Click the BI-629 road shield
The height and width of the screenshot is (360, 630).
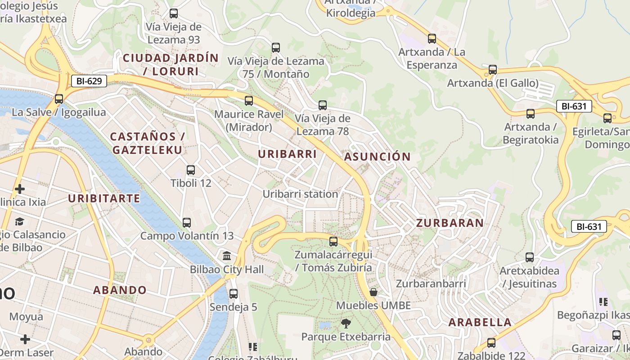89,81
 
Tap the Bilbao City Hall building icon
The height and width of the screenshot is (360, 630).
227,256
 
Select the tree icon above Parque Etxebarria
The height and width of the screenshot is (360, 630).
346,323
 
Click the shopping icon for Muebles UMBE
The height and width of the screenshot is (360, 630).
373,292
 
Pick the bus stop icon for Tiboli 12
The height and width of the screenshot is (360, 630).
191,170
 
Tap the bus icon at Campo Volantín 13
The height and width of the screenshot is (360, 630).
187,222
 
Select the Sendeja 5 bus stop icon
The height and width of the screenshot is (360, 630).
233,294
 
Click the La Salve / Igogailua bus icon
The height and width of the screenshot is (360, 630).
59,99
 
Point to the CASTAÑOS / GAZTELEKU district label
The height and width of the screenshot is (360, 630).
147,143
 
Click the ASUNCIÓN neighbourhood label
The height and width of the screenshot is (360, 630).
377,157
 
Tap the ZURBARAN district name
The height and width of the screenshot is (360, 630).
450,223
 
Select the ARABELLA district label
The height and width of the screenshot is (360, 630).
480,322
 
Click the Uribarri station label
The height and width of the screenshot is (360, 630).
300,194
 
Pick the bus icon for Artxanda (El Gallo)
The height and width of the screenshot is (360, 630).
493,70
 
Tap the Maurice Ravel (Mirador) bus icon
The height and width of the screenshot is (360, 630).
249,101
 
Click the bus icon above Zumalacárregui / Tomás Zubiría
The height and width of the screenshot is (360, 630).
333,242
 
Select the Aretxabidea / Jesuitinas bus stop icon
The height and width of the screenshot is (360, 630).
530,257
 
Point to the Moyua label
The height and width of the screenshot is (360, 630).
26,316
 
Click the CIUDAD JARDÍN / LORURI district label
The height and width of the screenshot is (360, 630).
171,64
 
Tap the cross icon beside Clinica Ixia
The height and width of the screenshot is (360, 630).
20,189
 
